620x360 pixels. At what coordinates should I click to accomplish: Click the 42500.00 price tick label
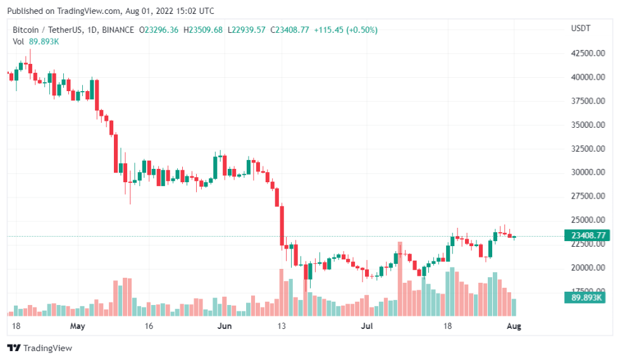(586, 53)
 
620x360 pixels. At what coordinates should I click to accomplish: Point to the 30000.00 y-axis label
(586, 172)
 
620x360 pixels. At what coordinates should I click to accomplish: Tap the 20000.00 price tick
(586, 268)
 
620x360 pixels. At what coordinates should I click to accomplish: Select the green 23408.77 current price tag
(586, 235)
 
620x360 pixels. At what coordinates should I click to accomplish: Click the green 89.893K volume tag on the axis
(586, 297)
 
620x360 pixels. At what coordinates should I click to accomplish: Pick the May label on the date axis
(78, 326)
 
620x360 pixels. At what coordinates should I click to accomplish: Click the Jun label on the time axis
(225, 326)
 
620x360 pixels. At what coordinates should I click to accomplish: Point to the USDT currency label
(580, 28)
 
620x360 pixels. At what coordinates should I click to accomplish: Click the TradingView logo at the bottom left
(40, 348)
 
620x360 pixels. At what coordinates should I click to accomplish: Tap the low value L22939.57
(247, 30)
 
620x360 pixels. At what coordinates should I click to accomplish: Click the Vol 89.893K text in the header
(36, 41)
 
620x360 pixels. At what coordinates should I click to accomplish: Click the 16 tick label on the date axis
(149, 326)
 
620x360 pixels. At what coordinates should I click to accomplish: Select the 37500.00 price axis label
(586, 101)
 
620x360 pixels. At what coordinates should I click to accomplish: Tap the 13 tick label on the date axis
(282, 326)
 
